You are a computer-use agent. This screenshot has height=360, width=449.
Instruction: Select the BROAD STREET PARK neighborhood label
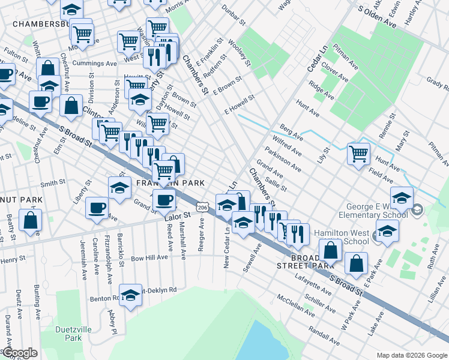(304, 261)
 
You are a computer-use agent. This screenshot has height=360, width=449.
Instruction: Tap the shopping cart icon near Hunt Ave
(358, 154)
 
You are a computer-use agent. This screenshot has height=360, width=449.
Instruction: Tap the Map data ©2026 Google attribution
(411, 355)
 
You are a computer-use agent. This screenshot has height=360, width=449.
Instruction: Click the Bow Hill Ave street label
(149, 257)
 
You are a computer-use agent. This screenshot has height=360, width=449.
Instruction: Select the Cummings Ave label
(94, 63)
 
